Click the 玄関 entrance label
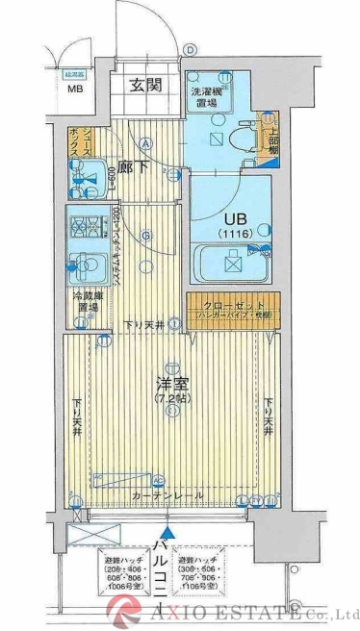tap(146, 85)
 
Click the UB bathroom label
tap(231, 219)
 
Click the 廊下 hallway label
tap(143, 163)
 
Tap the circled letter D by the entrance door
tap(191, 50)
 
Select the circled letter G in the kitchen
tap(145, 233)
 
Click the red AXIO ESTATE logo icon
tap(127, 609)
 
